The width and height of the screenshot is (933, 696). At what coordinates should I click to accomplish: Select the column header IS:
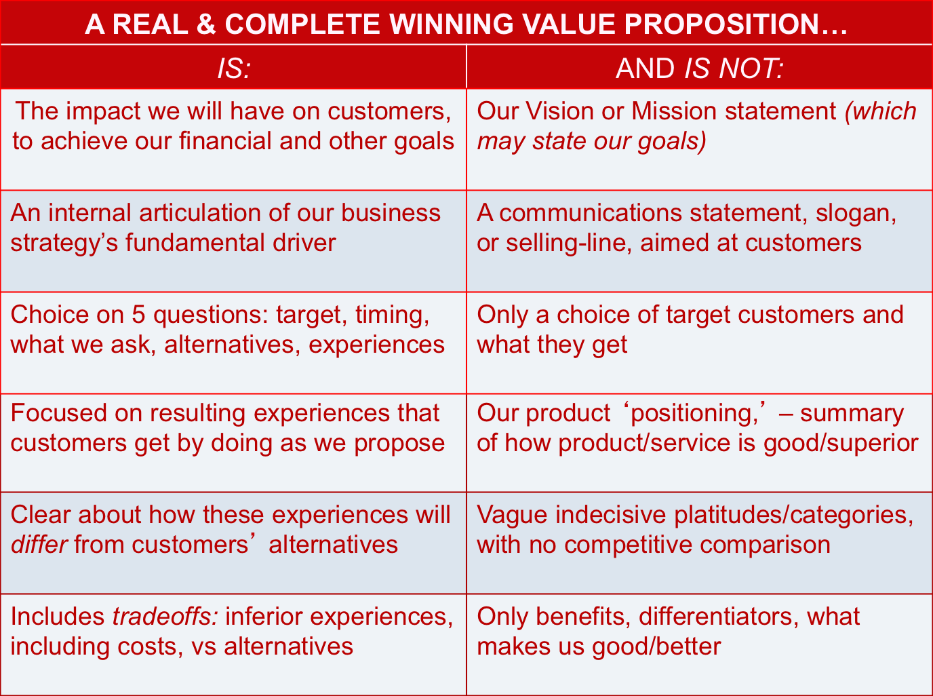[234, 68]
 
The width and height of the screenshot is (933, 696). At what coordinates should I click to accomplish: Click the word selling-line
[569, 244]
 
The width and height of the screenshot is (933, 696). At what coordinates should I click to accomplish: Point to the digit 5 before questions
[138, 315]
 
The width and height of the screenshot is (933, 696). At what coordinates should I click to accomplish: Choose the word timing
[393, 316]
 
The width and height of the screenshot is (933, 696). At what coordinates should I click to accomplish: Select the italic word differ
[39, 545]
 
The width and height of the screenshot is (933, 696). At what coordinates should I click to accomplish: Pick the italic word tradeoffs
[165, 617]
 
